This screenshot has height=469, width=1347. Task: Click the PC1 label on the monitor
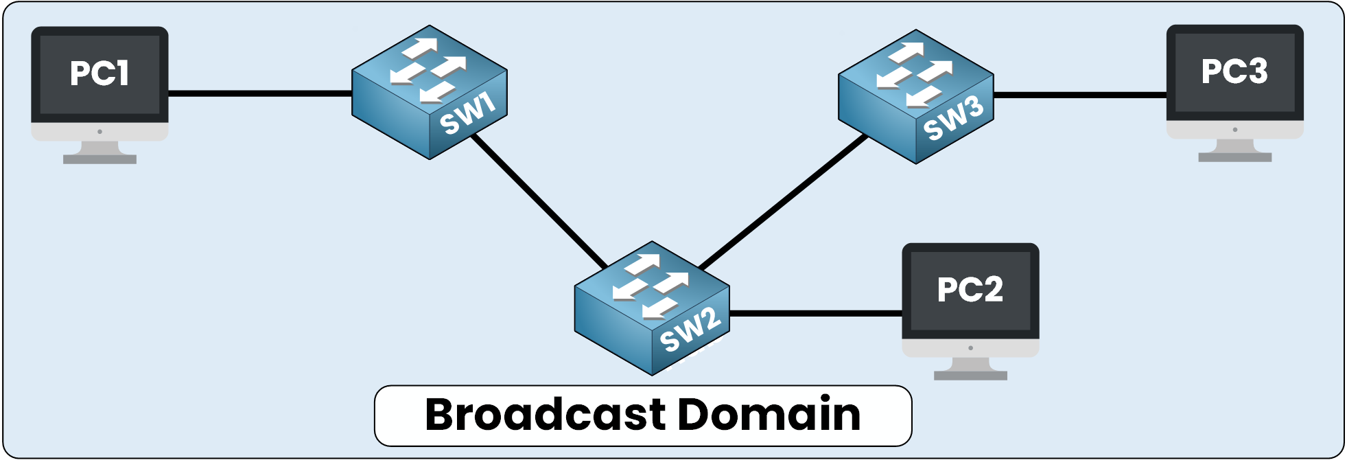coord(99,73)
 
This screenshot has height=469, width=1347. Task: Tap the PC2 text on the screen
coord(970,289)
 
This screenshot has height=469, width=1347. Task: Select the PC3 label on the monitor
coord(1234,71)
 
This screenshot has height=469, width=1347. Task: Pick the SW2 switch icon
coord(651,302)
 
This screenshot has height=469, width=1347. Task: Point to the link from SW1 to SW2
coord(539,202)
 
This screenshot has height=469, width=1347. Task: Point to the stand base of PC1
coord(99,159)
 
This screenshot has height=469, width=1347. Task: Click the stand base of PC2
coord(970,376)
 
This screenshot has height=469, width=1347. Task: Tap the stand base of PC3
coord(1234,157)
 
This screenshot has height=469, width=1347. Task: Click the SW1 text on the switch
coord(467,114)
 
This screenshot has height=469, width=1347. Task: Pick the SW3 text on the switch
coord(953,119)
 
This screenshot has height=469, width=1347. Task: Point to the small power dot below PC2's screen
coord(970,348)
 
